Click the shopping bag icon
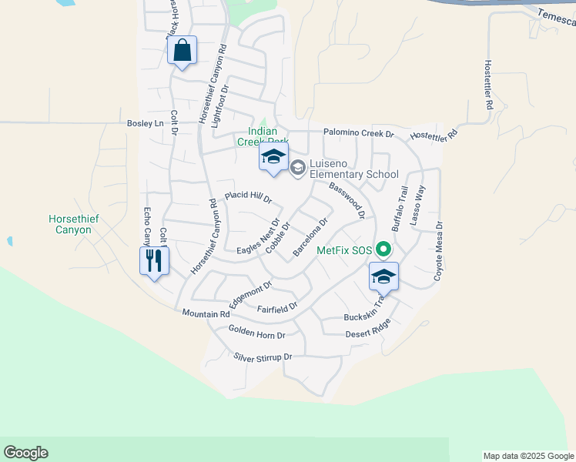[182, 52]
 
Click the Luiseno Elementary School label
[353, 169]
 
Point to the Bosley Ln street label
[146, 123]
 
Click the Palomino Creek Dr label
[358, 133]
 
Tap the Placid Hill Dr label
[248, 198]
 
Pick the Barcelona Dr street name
[310, 237]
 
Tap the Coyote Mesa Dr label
[438, 251]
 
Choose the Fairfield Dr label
[277, 309]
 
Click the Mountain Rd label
[206, 313]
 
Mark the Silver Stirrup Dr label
[263, 357]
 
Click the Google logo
[25, 453]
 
